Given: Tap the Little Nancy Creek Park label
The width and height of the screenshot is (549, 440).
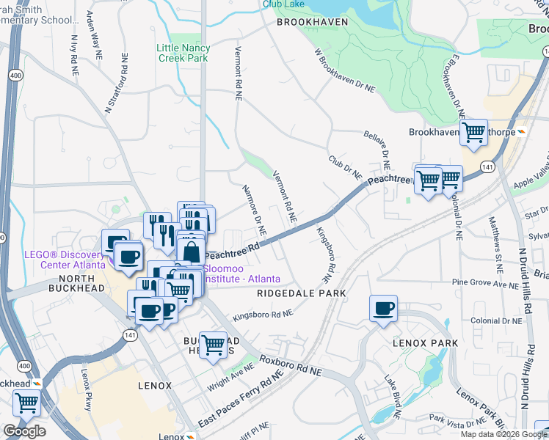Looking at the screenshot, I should point(183,53).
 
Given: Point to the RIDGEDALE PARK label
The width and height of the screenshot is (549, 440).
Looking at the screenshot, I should point(301,293).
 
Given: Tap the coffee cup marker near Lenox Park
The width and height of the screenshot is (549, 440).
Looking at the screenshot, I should point(383,309).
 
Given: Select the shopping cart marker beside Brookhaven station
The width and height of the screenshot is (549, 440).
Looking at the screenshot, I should point(473,133).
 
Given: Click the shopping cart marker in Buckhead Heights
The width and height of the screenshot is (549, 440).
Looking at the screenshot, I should point(213,343).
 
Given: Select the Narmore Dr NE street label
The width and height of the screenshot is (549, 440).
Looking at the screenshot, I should point(254,210).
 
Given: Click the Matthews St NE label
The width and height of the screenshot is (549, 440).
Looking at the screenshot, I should point(487,235).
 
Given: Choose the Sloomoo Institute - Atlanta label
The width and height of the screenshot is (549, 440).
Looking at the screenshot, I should point(230,274).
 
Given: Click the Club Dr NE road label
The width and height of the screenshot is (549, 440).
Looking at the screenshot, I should point(345,166).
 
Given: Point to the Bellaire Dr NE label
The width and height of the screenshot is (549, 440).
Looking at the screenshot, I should point(380,150).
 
